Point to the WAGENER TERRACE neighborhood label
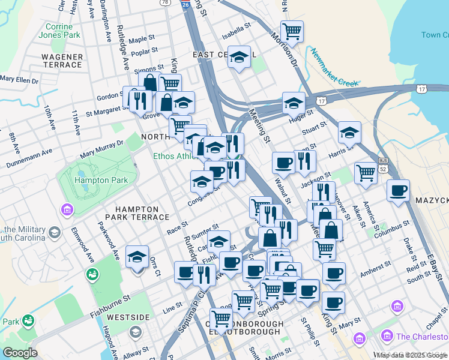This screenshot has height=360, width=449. [x=62, y=61]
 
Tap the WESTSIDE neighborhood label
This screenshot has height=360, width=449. [x=128, y=316]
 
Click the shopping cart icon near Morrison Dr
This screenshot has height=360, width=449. [x=292, y=31]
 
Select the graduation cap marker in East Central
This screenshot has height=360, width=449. [x=239, y=57]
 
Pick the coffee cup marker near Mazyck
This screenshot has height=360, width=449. [x=398, y=191]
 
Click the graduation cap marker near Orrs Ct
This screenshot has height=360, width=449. [x=137, y=256]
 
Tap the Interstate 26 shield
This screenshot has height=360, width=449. [x=186, y=4]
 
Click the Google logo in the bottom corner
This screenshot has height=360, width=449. [x=20, y=353]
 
